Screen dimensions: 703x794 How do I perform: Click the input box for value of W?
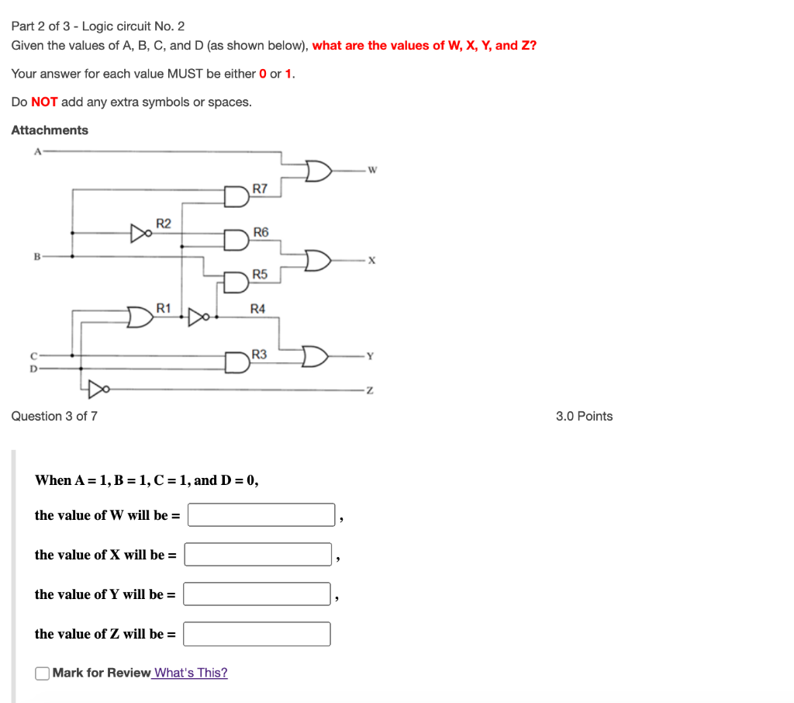click(261, 515)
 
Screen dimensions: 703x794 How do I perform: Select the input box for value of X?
click(258, 555)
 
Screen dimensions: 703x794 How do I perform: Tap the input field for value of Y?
click(257, 594)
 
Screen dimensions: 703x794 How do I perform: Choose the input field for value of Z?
click(257, 634)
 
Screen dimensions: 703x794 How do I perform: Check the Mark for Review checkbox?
click(43, 673)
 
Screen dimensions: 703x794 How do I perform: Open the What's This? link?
click(191, 673)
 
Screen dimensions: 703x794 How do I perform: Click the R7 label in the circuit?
click(261, 189)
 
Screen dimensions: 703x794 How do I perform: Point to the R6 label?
click(261, 232)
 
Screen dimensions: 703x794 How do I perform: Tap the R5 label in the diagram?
click(260, 275)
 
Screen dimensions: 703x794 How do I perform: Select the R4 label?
click(258, 309)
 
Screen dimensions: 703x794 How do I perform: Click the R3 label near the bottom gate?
click(259, 355)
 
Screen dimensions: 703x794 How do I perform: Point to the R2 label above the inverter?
click(164, 223)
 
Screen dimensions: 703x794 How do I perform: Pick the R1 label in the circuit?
click(164, 308)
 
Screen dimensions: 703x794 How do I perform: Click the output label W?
click(372, 171)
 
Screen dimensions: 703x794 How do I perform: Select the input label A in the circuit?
click(36, 151)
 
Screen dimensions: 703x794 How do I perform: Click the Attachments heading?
click(50, 130)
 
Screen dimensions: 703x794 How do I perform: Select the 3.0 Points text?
click(584, 417)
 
